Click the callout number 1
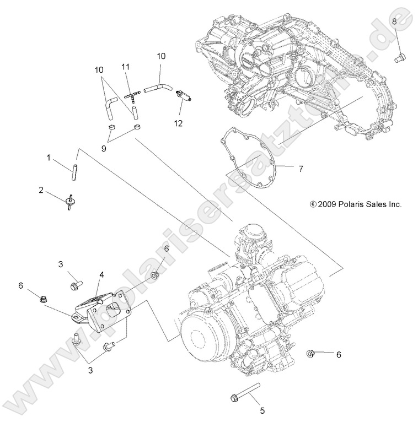click(x=49, y=158)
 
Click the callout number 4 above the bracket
click(x=102, y=273)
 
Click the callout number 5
click(x=262, y=410)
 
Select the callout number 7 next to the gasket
click(x=301, y=169)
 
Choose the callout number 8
click(x=394, y=21)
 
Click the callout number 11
click(x=126, y=67)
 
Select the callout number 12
click(x=178, y=124)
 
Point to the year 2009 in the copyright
click(x=328, y=204)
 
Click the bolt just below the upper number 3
click(x=74, y=285)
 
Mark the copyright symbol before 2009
click(x=313, y=204)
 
